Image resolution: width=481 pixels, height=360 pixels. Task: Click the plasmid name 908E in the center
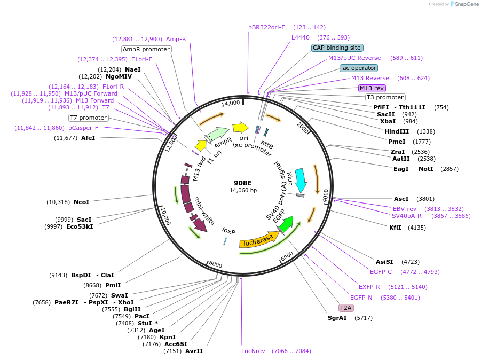pyautogui.click(x=242, y=183)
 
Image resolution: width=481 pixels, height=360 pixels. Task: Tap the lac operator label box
pyautogui.click(x=358, y=68)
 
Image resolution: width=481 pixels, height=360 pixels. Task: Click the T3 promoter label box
pyautogui.click(x=385, y=97)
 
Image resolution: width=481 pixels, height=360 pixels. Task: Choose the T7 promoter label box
pyautogui.click(x=89, y=118)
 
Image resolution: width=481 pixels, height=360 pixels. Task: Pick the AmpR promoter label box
pyautogui.click(x=146, y=49)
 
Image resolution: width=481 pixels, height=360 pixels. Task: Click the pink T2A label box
pyautogui.click(x=346, y=308)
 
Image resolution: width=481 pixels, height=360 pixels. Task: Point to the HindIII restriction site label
pyautogui.click(x=397, y=131)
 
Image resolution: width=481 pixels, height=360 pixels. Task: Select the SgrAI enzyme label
pyautogui.click(x=337, y=318)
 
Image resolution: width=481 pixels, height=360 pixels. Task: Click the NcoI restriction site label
pyautogui.click(x=82, y=202)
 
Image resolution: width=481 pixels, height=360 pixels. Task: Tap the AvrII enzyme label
pyautogui.click(x=194, y=351)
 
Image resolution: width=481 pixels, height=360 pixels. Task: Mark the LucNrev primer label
pyautogui.click(x=253, y=351)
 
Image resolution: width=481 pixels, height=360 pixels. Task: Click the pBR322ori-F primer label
pyautogui.click(x=266, y=27)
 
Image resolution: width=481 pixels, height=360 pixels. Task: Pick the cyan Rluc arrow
pyautogui.click(x=301, y=180)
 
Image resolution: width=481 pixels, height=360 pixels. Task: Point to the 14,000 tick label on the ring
pyautogui.click(x=231, y=103)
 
